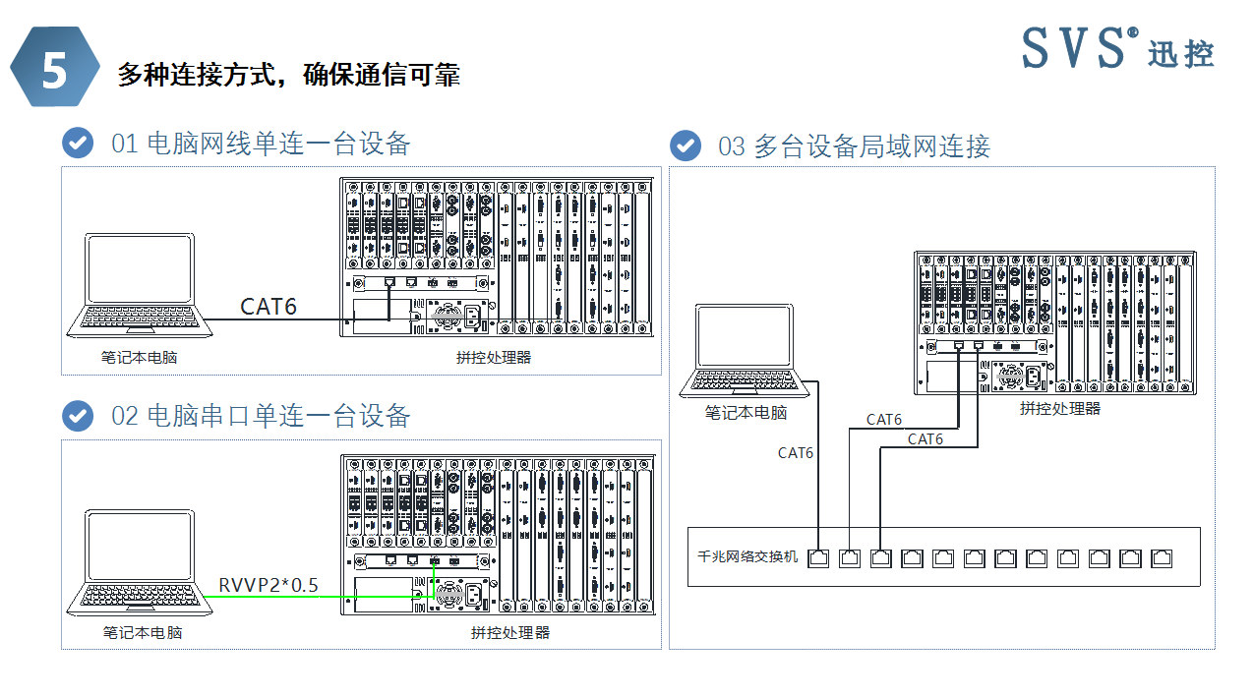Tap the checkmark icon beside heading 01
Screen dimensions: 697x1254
pos(78,143)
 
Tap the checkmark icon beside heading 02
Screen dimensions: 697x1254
pos(78,415)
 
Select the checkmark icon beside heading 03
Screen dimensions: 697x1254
pos(686,145)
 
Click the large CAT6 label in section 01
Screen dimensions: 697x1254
pos(269,307)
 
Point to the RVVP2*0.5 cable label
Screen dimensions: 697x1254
pos(269,586)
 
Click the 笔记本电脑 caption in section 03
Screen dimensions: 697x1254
pos(746,413)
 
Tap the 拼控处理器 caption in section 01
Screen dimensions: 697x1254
pos(493,358)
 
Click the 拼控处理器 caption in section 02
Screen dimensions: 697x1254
pos(509,633)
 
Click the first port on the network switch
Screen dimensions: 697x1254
pos(818,558)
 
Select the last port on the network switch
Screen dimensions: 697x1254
pos(1163,558)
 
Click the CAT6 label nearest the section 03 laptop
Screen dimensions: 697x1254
pos(796,453)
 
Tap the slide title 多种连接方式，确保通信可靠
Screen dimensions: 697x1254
pos(288,75)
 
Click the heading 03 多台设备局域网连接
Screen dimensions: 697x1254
pos(854,146)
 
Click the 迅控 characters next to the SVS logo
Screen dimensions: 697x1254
pos(1181,54)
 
